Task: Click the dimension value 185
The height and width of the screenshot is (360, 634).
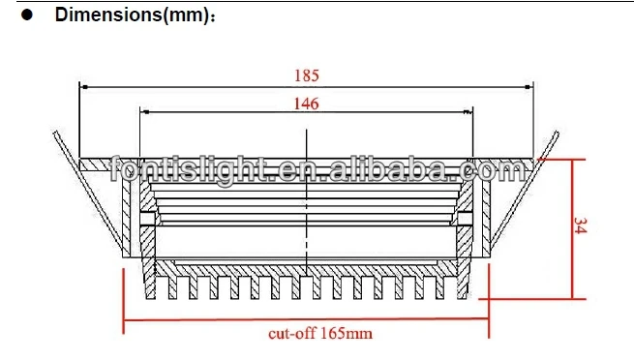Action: click(x=307, y=75)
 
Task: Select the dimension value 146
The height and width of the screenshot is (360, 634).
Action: click(x=306, y=104)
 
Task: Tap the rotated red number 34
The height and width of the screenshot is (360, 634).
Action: click(x=580, y=225)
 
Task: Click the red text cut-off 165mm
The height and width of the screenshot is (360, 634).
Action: click(x=320, y=333)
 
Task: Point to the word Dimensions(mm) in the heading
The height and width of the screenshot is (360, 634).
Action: click(x=132, y=15)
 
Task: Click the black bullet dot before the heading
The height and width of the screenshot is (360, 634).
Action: click(x=27, y=15)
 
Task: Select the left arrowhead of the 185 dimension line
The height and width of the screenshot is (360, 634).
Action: click(x=83, y=87)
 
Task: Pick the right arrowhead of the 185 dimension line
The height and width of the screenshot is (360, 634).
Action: click(x=528, y=87)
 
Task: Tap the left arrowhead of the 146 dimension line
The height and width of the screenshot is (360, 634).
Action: click(x=144, y=112)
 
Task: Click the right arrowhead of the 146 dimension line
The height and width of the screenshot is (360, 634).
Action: click(x=468, y=112)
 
